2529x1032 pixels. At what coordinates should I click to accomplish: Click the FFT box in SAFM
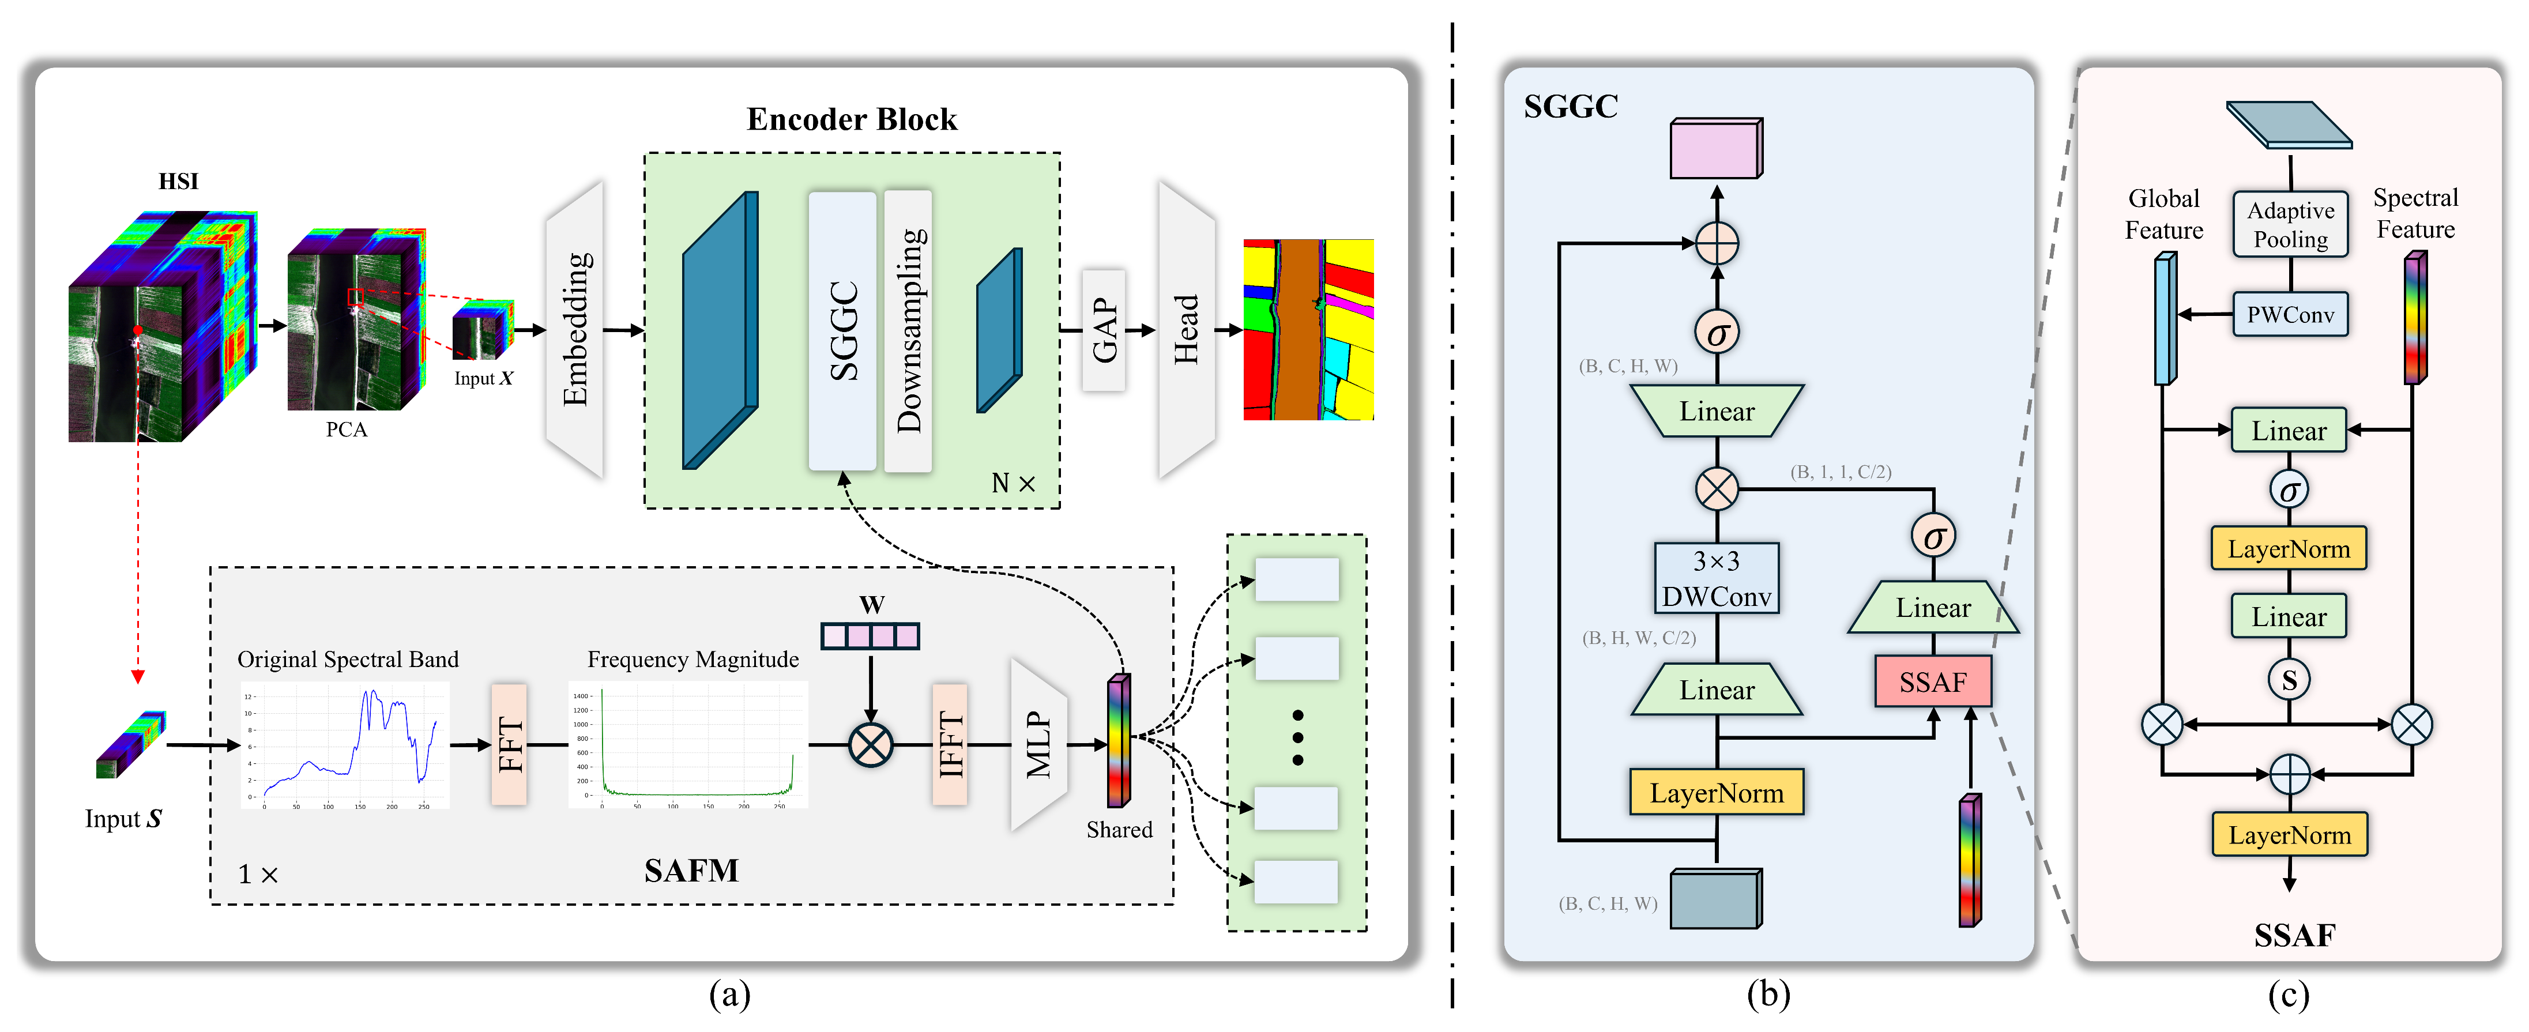coord(509,744)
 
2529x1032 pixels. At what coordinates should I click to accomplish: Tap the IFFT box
coord(949,744)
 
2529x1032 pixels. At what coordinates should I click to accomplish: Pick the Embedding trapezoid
coord(575,330)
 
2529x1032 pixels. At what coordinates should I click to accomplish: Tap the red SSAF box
coord(1932,681)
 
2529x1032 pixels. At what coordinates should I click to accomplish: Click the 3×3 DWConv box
coord(1716,578)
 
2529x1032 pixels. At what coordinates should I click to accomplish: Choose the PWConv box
coord(2290,314)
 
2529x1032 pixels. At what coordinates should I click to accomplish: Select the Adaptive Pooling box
coord(2290,225)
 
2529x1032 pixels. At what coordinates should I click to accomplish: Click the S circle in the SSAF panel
coord(2289,679)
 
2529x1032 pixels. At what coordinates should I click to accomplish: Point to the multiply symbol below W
coord(870,744)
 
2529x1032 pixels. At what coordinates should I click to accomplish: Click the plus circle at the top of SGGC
coord(1716,243)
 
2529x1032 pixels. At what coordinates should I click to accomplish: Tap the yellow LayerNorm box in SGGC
coord(1716,792)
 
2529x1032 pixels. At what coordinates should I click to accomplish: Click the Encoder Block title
coord(851,119)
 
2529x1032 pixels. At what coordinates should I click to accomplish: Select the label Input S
coord(123,819)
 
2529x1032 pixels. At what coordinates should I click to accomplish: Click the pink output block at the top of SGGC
coord(1716,149)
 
